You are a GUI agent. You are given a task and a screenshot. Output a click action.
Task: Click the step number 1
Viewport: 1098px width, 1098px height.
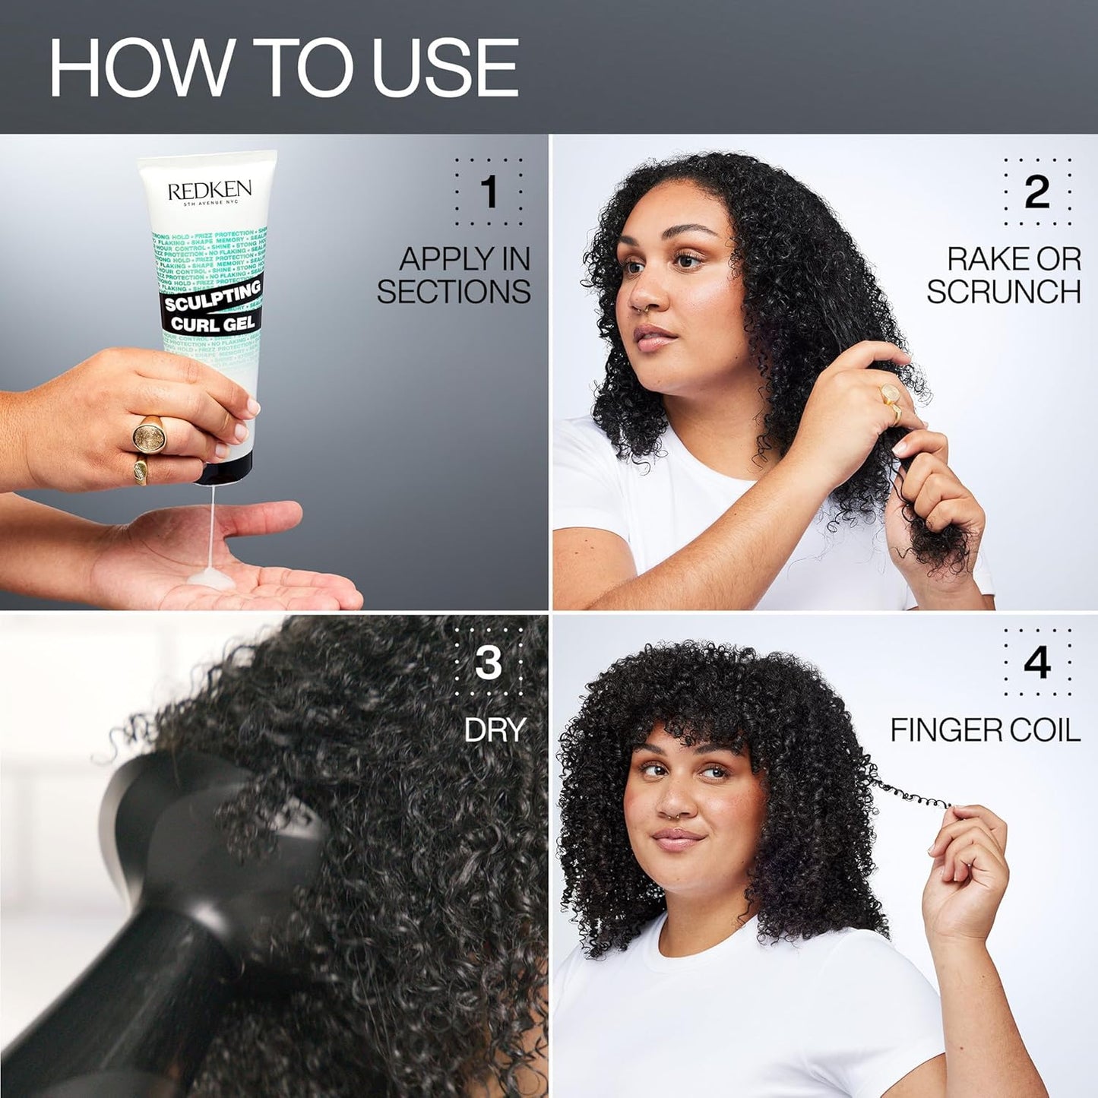(x=489, y=191)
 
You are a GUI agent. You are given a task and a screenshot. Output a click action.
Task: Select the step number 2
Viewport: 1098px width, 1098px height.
(x=1037, y=191)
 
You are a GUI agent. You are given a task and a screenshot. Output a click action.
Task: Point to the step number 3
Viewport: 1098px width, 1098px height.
(x=489, y=663)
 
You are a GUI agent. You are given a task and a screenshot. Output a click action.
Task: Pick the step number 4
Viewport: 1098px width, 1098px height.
(x=1037, y=663)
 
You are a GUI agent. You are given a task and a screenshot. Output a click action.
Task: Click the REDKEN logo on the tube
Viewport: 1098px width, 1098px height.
(x=209, y=190)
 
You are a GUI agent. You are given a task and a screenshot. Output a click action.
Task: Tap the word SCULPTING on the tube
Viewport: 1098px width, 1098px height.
(x=213, y=297)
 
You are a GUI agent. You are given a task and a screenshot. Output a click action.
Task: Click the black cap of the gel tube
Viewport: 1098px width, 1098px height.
(x=223, y=473)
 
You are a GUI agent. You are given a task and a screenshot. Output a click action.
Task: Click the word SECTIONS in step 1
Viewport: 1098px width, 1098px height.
(x=454, y=292)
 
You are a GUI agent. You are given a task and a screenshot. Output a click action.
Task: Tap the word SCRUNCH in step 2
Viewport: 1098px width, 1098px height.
(x=1003, y=292)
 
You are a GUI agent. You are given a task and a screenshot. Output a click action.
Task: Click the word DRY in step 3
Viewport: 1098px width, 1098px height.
(x=495, y=730)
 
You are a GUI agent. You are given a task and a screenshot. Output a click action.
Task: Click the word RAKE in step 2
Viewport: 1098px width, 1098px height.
(x=980, y=260)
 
